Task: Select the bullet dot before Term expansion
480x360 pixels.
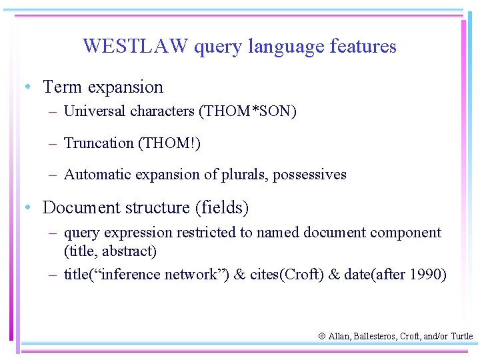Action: pyautogui.click(x=25, y=87)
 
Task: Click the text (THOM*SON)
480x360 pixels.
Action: pyautogui.click(x=247, y=111)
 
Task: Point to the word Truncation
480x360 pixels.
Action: pyautogui.click(x=98, y=143)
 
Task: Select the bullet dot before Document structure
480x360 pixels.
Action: pyautogui.click(x=25, y=208)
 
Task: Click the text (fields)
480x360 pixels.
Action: pyautogui.click(x=222, y=208)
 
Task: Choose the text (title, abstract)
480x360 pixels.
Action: pyautogui.click(x=110, y=251)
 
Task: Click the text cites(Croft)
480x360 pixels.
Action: pyautogui.click(x=291, y=275)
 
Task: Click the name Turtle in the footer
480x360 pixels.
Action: pyautogui.click(x=461, y=337)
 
